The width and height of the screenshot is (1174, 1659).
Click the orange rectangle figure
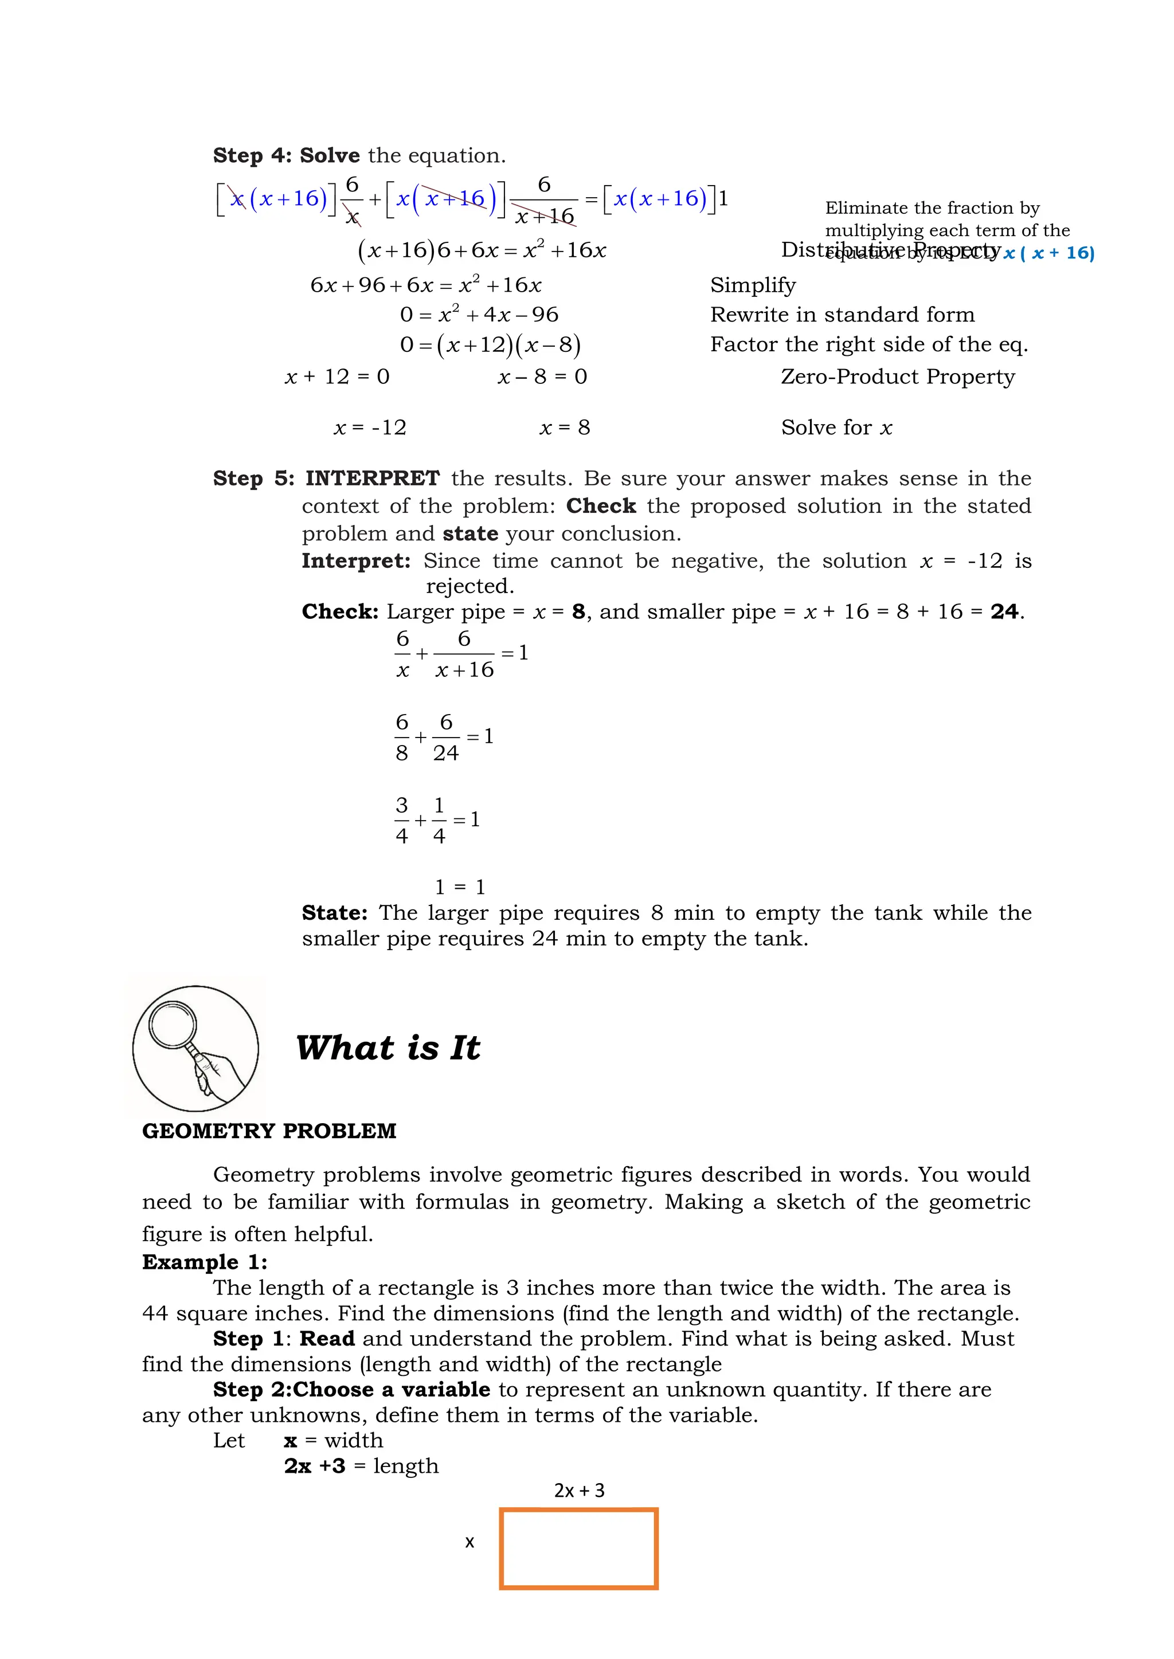(x=578, y=1548)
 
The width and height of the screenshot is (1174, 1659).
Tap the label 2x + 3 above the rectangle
(x=579, y=1490)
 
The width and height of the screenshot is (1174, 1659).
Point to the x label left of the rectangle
(x=470, y=1543)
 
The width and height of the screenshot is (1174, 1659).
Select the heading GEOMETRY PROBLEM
(x=269, y=1131)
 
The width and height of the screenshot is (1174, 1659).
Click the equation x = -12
(x=370, y=428)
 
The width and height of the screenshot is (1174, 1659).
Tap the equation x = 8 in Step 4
(x=565, y=428)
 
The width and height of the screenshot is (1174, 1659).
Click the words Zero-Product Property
(x=898, y=376)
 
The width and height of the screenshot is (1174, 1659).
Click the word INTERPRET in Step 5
(x=372, y=479)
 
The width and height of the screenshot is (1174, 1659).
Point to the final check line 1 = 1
(x=460, y=887)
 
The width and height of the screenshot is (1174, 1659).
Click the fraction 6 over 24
(x=446, y=738)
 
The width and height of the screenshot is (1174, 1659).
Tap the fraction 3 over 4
(x=402, y=821)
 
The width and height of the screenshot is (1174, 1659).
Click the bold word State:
(x=335, y=913)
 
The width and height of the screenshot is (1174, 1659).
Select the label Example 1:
(x=205, y=1262)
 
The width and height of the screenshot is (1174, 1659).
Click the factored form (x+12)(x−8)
(x=509, y=344)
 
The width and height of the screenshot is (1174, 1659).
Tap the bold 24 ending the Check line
(x=1004, y=612)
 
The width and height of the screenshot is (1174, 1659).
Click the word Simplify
(x=753, y=285)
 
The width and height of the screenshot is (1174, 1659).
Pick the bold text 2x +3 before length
(x=315, y=1465)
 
